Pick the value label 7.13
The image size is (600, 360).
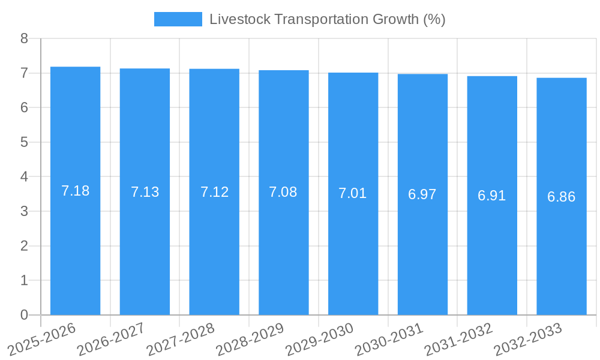145,192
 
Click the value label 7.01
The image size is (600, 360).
353,193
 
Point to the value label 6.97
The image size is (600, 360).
422,194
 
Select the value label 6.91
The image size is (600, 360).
492,196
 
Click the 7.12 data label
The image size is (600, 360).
214,192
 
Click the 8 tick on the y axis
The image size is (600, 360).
24,39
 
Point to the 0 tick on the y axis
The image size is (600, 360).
24,315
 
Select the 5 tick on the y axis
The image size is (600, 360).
24,143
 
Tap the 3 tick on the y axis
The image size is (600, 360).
24,212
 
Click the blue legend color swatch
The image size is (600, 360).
178,19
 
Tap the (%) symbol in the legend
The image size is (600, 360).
434,19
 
